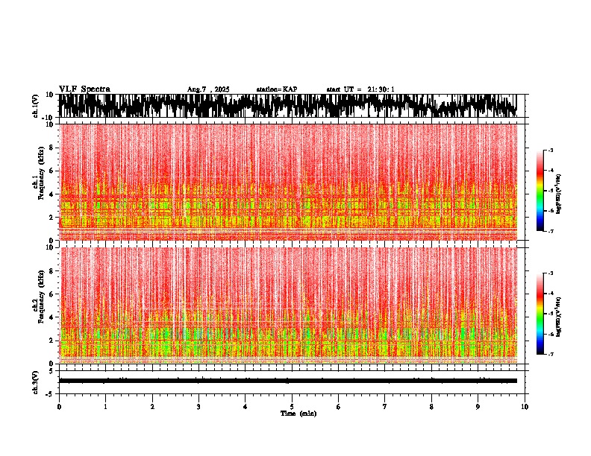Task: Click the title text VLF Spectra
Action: [x=84, y=89]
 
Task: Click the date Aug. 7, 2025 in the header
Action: [x=208, y=89]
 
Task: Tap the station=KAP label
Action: [x=276, y=89]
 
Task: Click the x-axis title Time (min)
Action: [x=298, y=414]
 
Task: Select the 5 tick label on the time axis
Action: [x=292, y=407]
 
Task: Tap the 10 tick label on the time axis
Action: [x=525, y=407]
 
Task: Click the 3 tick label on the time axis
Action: [x=198, y=407]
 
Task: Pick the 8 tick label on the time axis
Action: [x=431, y=407]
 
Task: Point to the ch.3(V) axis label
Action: [x=36, y=381]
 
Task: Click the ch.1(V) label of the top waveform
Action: [x=36, y=106]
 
